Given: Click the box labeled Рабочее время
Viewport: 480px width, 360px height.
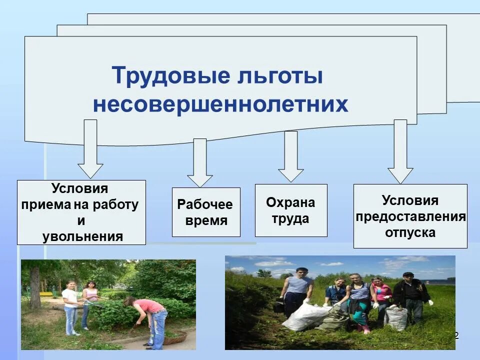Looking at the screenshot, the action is (x=206, y=212).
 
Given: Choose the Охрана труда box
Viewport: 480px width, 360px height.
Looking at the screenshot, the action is (x=291, y=210).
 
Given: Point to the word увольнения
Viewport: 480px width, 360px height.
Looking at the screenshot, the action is (x=82, y=236).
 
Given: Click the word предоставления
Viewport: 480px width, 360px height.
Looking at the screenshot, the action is (x=410, y=216).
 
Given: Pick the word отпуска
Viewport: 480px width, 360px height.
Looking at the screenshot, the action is (x=410, y=232).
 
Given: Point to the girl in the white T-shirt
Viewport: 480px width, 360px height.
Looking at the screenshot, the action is (x=71, y=305).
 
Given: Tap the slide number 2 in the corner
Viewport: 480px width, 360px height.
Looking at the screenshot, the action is (x=456, y=334).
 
